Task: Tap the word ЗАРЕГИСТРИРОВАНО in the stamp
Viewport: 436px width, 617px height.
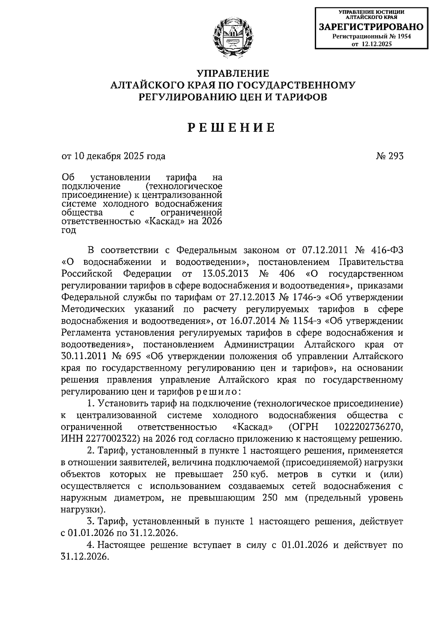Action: coord(371,27)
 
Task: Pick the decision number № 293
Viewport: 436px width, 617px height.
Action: coord(389,156)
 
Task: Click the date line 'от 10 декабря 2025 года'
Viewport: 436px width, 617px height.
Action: coord(113,156)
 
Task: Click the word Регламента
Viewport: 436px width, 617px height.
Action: coord(86,333)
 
